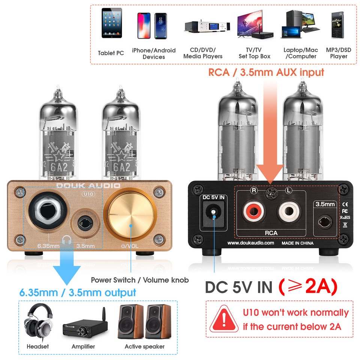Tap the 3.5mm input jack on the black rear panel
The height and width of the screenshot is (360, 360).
point(325,222)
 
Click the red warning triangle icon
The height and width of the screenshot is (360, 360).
point(224,320)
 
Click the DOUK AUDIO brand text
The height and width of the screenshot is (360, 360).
point(88,186)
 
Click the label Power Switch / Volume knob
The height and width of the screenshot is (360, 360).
point(140,280)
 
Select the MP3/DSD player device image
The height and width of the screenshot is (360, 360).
point(338,25)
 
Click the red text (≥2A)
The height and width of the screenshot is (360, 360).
point(307,287)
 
